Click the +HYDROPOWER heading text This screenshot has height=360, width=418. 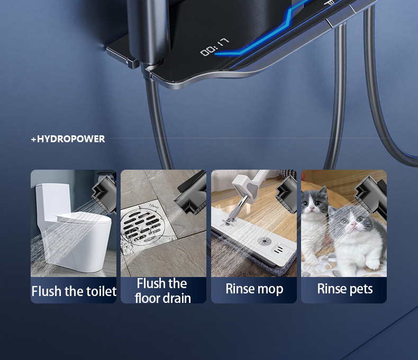coord(68,139)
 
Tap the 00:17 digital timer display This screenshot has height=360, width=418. coord(214,48)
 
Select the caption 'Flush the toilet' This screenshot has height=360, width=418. coord(74,291)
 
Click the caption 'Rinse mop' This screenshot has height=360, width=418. coord(254,289)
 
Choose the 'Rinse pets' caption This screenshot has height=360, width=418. coord(344,289)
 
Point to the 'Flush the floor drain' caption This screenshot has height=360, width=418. coord(162,291)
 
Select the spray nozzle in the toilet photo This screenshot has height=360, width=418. coord(105,193)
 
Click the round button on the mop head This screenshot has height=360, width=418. coord(264,242)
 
